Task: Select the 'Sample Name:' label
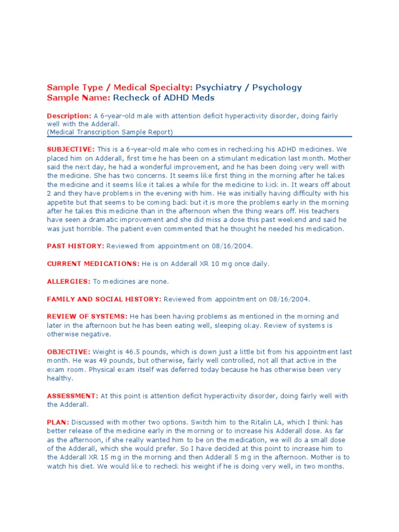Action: (78, 98)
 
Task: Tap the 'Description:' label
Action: (69, 115)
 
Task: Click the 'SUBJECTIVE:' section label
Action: (71, 149)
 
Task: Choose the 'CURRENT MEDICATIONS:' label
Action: (93, 264)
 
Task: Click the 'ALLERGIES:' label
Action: (69, 282)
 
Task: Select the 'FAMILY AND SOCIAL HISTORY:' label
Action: (104, 299)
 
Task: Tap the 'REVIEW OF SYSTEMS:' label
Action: (87, 316)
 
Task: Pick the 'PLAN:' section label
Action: (58, 422)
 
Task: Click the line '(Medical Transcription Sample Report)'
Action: (110, 132)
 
